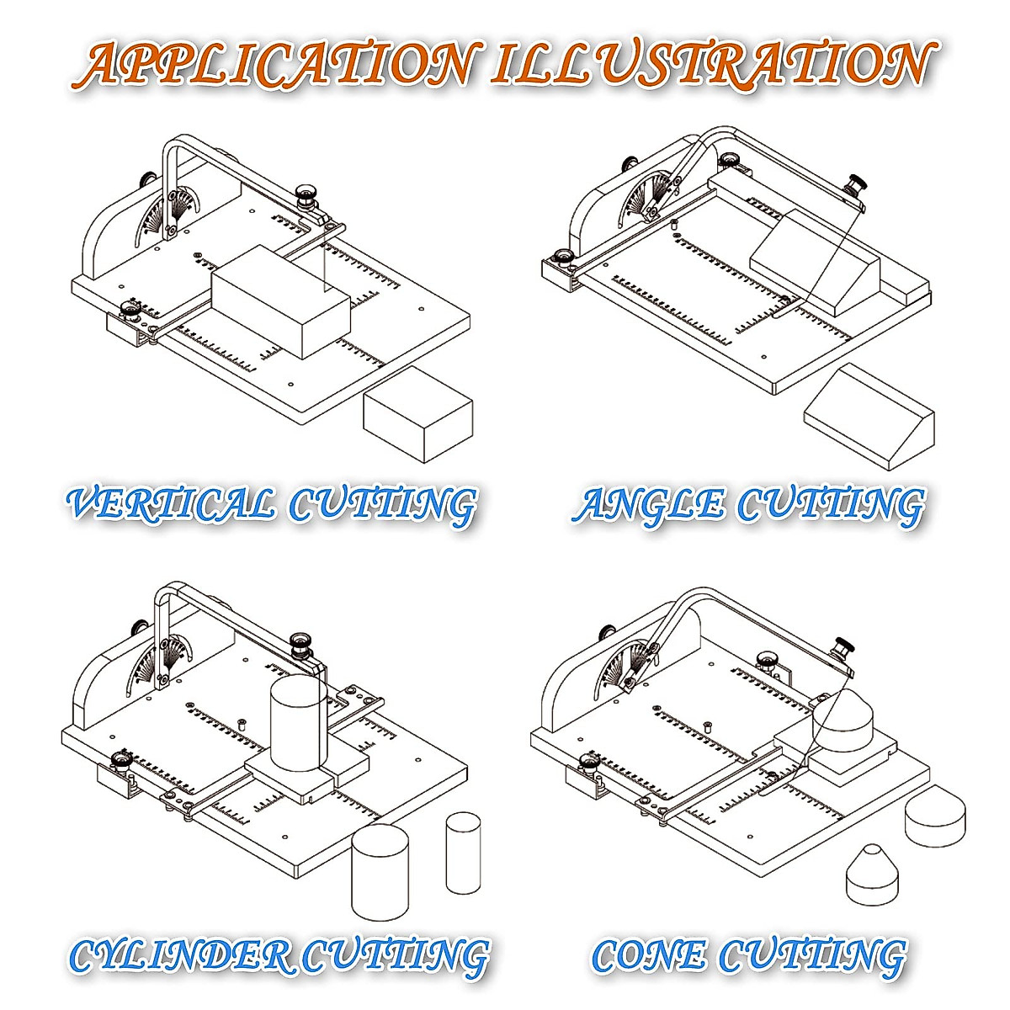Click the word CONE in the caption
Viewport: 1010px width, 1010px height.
tap(648, 955)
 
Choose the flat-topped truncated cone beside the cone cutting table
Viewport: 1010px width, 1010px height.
tap(934, 814)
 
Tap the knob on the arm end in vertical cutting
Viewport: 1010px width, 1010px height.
tap(306, 196)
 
